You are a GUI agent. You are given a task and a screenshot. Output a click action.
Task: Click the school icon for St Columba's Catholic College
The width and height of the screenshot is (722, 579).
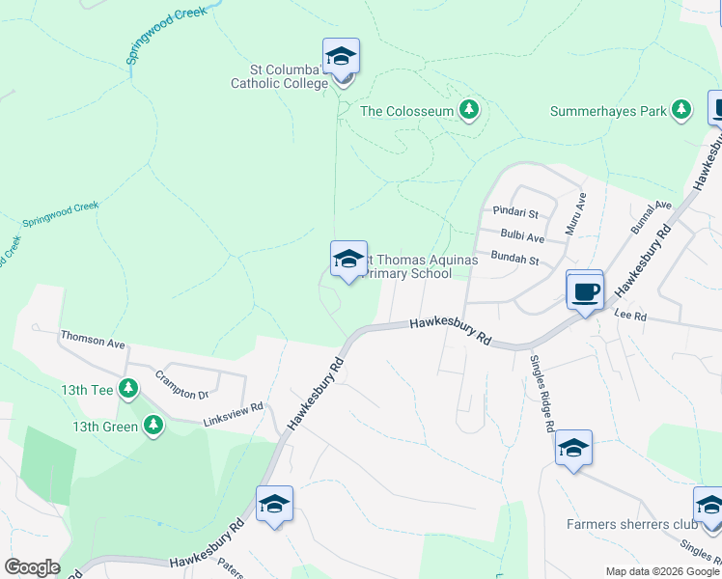tap(341, 57)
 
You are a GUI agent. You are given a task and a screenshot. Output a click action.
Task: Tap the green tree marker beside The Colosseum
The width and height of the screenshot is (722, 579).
tap(469, 110)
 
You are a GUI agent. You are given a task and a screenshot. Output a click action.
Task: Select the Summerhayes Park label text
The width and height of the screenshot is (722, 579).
tap(608, 111)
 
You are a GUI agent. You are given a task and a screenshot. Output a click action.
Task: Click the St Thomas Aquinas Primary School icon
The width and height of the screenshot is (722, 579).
tap(348, 259)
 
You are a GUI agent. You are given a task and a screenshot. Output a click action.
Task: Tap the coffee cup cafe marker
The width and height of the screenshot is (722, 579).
tap(585, 290)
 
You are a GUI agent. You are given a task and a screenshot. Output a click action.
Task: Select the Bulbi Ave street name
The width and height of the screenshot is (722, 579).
tap(522, 236)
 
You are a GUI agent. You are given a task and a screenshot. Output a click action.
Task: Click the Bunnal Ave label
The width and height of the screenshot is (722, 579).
tap(651, 218)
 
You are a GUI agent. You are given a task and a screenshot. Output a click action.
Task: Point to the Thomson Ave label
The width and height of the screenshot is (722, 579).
tap(93, 342)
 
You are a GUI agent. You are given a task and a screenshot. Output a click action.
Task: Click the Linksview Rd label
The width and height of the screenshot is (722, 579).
tap(233, 415)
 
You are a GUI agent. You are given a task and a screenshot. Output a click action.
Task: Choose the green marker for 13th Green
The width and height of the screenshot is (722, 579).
tap(153, 425)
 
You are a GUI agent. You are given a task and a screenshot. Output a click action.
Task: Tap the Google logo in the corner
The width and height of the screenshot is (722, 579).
tap(32, 566)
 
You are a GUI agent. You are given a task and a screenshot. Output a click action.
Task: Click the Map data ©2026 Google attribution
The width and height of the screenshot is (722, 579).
tap(661, 571)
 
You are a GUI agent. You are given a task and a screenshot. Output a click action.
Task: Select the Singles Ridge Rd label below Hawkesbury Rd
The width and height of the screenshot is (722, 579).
tap(541, 392)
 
